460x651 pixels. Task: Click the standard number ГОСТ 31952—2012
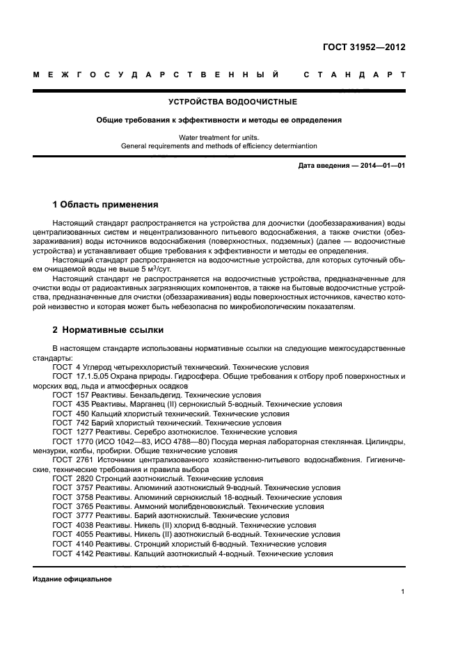click(x=364, y=47)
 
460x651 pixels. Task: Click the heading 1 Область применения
click(x=105, y=205)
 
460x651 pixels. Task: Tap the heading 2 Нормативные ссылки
click(x=108, y=330)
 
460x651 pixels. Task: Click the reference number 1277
click(x=84, y=431)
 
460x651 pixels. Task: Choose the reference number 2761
click(x=84, y=460)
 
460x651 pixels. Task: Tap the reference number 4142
click(x=84, y=554)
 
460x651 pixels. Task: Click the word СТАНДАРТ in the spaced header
click(x=354, y=74)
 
